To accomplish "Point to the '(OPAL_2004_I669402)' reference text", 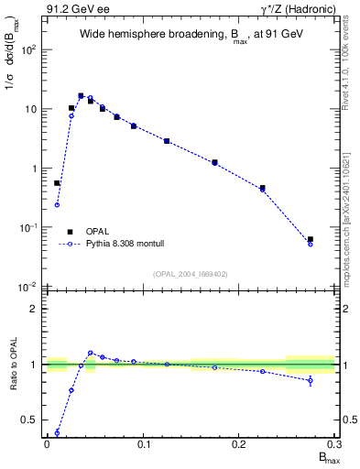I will [x=191, y=273].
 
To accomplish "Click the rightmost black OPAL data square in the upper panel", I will [x=311, y=239].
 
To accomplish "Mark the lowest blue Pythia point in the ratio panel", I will [x=57, y=433].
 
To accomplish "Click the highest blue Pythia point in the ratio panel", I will [x=91, y=353].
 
